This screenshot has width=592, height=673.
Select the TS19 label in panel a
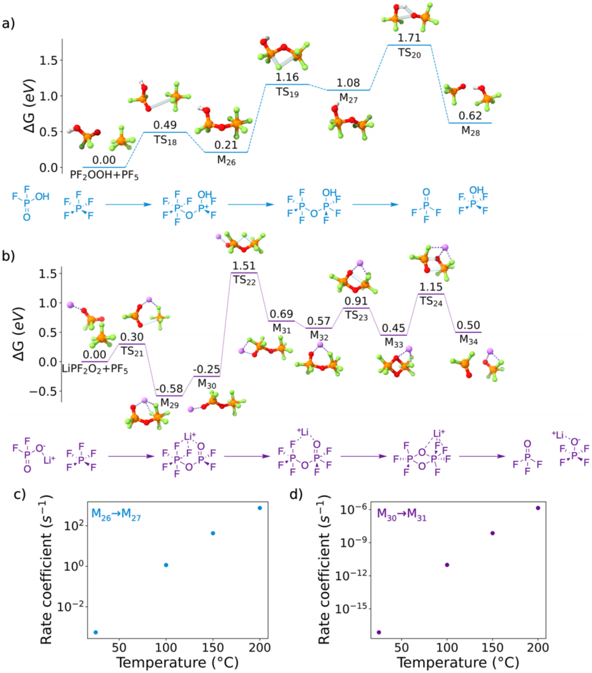[287, 92]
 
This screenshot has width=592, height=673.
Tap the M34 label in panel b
[468, 339]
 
